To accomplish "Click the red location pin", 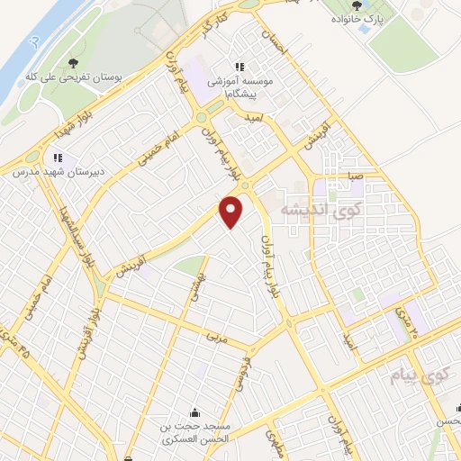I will (x=232, y=211).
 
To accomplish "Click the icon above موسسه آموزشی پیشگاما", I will (x=240, y=67).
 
